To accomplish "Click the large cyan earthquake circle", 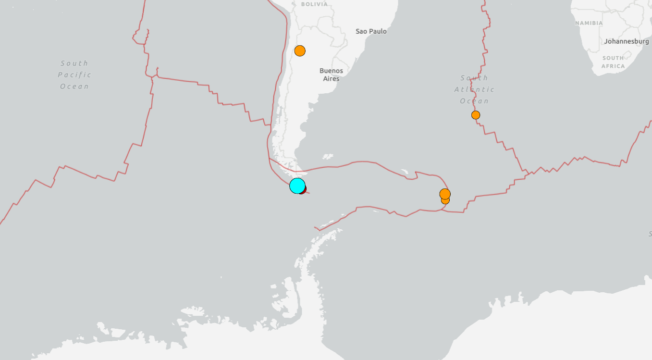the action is pos(297,185).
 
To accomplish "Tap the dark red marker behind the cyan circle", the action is pos(303,190).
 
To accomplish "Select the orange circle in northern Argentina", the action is pos(300,50).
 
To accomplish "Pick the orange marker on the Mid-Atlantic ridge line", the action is pos(476,115).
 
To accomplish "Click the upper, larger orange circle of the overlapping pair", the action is pos(445,194).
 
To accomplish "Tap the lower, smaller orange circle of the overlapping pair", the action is pos(445,200).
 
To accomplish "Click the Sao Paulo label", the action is pos(371,31).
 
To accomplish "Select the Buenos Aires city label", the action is pos(332,74).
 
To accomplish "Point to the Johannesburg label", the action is pos(627,41).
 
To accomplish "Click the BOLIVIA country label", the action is pos(314,4).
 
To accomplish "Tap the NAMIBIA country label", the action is pos(589,23).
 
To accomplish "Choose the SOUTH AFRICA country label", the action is pos(613,62).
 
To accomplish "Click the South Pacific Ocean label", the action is pos(74,75).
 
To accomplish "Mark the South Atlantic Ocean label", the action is pos(474,89).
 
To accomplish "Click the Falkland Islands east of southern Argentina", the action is pos(328,156).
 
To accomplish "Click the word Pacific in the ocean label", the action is pos(74,75).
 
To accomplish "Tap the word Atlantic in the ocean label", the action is pos(474,89).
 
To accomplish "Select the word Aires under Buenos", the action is pos(332,79).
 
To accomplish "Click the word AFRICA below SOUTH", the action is pos(613,66).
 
